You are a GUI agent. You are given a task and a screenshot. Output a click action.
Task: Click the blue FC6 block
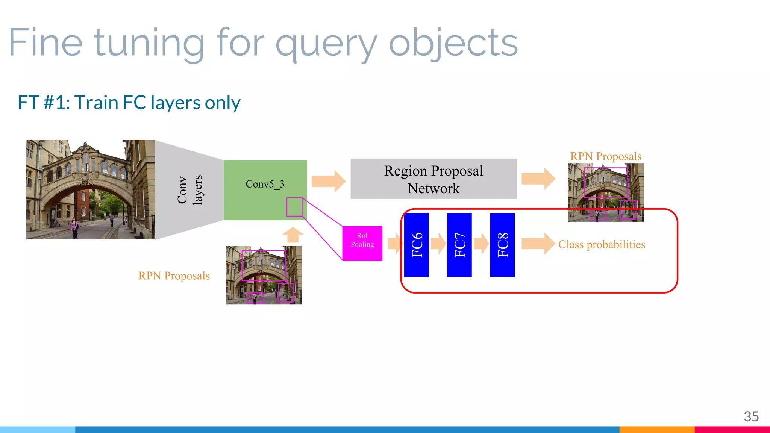(416, 245)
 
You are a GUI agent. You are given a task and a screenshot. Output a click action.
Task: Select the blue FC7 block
(459, 245)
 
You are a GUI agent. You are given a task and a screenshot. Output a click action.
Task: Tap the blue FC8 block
(502, 245)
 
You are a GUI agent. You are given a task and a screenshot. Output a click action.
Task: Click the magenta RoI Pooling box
(362, 243)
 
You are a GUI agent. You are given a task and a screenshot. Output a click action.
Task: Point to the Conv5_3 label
(265, 184)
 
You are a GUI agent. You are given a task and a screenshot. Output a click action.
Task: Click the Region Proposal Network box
(433, 179)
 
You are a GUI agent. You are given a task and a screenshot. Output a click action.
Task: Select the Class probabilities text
(601, 245)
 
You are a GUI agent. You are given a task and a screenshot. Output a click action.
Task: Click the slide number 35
(751, 416)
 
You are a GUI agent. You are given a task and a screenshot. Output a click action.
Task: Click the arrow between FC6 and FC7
(438, 244)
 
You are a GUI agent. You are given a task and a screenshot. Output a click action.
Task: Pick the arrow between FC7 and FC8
(481, 244)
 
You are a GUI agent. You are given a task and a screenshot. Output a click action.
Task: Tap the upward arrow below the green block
(293, 235)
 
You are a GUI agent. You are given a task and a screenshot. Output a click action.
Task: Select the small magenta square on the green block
(294, 207)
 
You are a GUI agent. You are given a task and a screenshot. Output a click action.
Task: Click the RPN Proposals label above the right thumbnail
(605, 156)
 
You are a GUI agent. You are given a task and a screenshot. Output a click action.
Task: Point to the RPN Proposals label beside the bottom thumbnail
(174, 276)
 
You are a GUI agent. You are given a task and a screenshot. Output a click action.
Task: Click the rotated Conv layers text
(189, 190)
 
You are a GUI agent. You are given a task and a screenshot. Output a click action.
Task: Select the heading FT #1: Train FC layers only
(129, 103)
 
